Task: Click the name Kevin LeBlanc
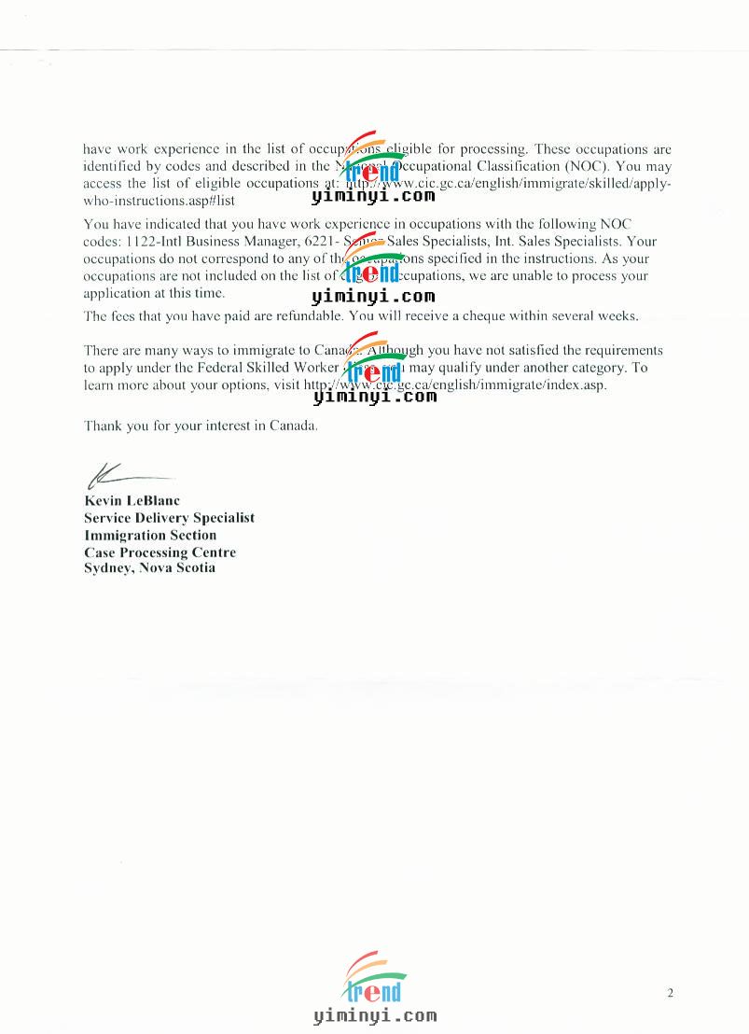[132, 501]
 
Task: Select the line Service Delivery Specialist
[169, 518]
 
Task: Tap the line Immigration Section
[150, 536]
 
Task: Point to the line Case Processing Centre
[160, 552]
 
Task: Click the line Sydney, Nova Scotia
[149, 568]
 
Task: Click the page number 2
[670, 993]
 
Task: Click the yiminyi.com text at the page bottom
[375, 1016]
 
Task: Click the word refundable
[312, 315]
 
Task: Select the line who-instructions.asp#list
[159, 201]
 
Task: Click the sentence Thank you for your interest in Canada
[201, 426]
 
